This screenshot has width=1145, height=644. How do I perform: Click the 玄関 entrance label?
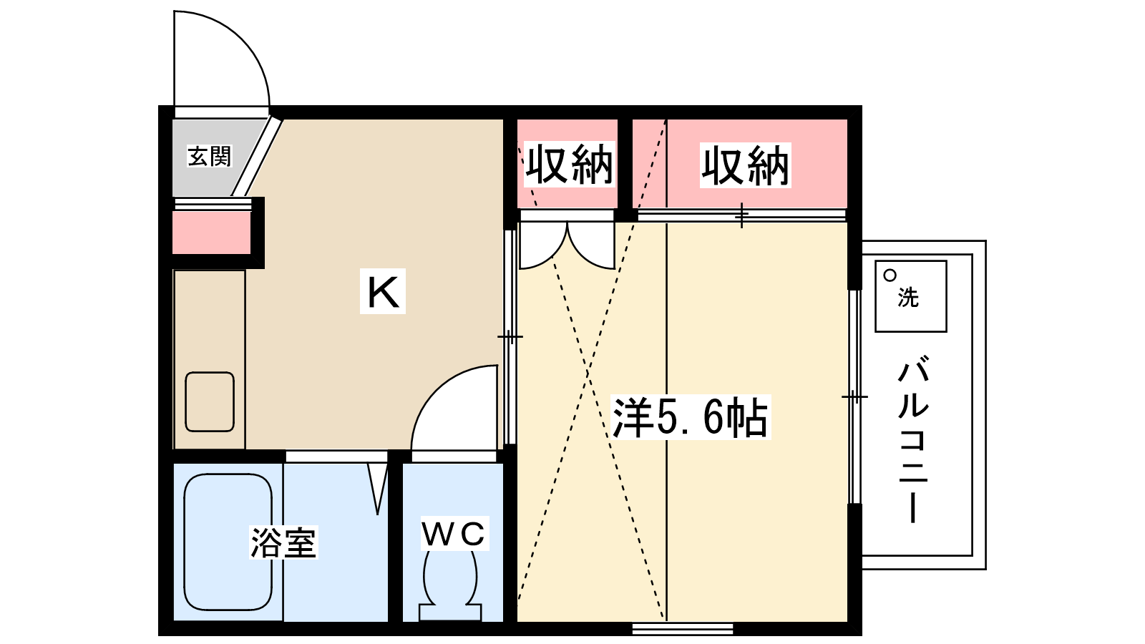(210, 157)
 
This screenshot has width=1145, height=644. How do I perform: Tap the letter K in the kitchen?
(383, 291)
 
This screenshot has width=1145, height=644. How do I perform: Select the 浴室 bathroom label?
(283, 542)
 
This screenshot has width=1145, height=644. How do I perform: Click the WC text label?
(454, 534)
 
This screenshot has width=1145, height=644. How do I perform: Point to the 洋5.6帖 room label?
(690, 417)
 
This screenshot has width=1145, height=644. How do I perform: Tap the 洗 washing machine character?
(908, 297)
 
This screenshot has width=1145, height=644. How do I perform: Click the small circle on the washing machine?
(890, 275)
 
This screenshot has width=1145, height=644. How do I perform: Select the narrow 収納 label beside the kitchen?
(569, 165)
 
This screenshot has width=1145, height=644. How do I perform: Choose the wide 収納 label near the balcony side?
(745, 165)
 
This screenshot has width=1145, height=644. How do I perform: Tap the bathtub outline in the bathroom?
(228, 542)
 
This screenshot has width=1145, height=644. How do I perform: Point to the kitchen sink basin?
(210, 401)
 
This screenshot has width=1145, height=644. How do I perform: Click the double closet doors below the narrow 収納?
(567, 245)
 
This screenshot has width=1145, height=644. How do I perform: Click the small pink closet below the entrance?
(211, 233)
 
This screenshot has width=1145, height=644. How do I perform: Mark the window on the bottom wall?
(683, 629)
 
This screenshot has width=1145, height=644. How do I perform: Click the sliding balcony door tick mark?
(854, 396)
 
